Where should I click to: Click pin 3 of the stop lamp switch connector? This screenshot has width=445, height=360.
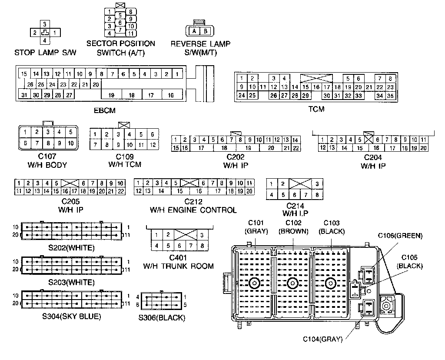[x=45, y=24]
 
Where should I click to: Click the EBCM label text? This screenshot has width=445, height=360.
[x=105, y=110]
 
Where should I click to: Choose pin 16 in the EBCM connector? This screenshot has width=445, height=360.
[x=170, y=95]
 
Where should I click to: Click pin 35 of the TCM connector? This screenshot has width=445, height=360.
[x=390, y=96]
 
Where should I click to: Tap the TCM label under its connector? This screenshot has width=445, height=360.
[x=316, y=109]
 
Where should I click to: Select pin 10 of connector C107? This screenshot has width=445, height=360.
[x=71, y=143]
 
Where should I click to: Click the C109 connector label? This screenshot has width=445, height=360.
[x=125, y=157]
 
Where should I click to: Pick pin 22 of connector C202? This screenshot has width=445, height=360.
[x=296, y=148]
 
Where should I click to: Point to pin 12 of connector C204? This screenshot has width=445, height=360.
[x=322, y=148]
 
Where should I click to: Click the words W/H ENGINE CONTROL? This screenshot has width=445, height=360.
[x=193, y=210]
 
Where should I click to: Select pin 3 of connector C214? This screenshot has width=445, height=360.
[x=317, y=184]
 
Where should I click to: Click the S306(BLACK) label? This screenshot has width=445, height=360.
[x=162, y=318]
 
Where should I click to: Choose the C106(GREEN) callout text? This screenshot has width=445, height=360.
[x=400, y=236]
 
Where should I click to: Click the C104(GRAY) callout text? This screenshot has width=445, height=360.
[x=322, y=340]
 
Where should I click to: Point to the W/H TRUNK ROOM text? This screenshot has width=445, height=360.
[x=179, y=266]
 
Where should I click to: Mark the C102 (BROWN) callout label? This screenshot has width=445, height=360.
[x=293, y=227]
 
